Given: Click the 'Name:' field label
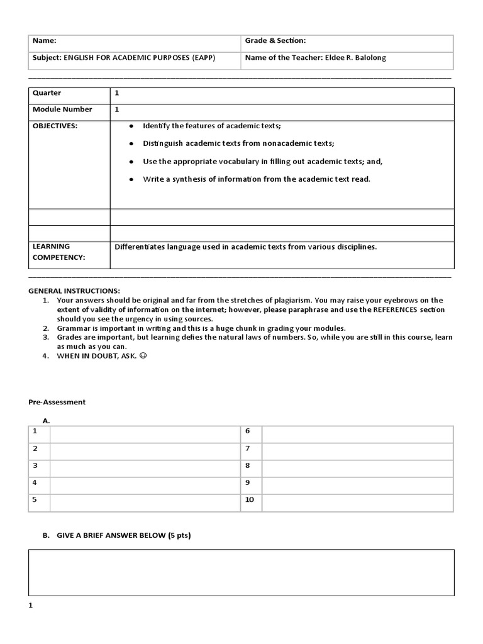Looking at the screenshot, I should pos(44,41).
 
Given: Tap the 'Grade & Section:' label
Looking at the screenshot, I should pos(275,41).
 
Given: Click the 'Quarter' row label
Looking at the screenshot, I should pos(47,93).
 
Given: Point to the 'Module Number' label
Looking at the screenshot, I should pos(62,109).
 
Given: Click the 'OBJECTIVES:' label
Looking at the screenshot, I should pos(55,126).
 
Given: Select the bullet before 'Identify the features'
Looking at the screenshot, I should pos(131,126).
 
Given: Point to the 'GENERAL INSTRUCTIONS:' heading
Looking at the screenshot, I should pos(74,291).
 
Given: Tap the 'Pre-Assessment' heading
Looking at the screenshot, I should pos(57,402).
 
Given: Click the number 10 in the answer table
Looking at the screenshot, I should pos(249,500).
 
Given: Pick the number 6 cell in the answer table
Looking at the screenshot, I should pos(248,431).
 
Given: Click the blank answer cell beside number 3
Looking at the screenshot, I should pos(145,466).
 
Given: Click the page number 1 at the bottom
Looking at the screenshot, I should pos(31,606).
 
